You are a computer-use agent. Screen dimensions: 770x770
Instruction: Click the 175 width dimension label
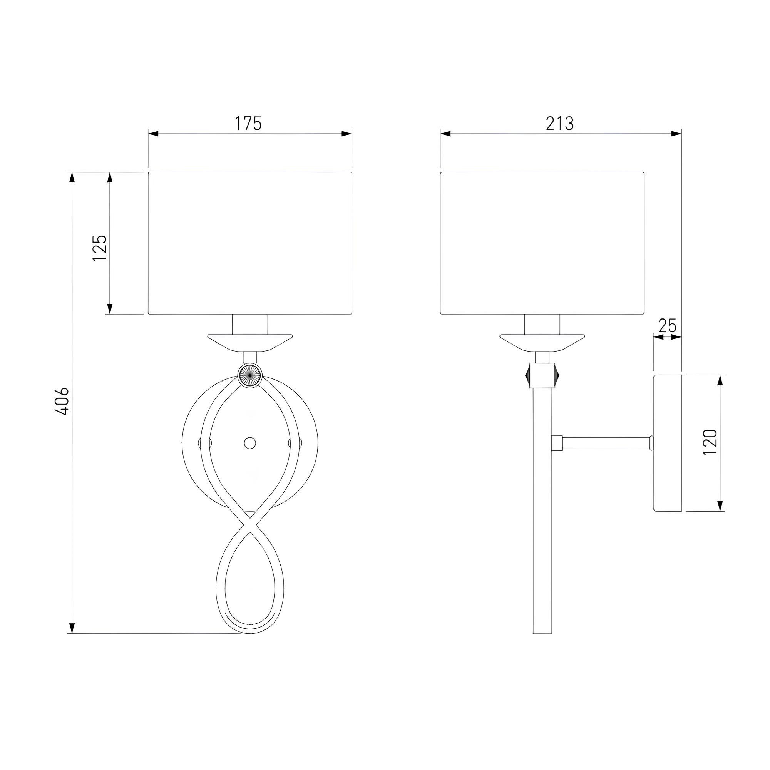(248, 124)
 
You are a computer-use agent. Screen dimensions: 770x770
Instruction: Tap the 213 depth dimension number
(559, 124)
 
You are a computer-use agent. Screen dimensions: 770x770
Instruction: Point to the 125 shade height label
(100, 248)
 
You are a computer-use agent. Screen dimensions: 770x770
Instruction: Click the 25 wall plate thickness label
(667, 326)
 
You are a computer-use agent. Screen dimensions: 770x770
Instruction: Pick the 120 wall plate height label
(711, 442)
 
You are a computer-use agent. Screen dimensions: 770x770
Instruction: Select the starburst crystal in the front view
(250, 374)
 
